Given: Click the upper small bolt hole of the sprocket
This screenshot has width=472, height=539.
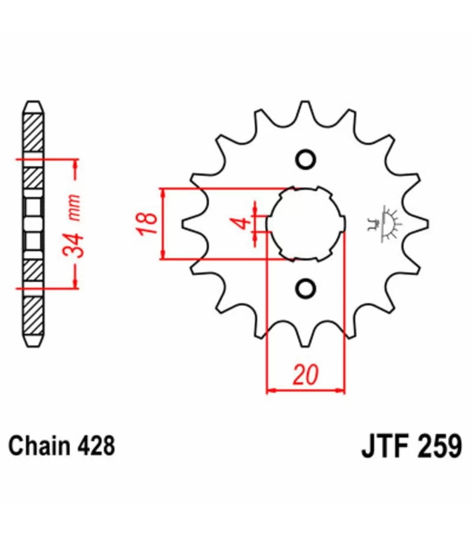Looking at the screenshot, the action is [x=306, y=159].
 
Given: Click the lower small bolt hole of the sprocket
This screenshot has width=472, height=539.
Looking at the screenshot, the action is [x=306, y=288].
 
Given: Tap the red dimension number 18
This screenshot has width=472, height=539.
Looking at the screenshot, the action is [x=147, y=224].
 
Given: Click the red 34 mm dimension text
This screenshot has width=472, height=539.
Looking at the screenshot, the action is [x=73, y=226].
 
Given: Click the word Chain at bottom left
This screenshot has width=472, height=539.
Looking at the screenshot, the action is [x=39, y=446].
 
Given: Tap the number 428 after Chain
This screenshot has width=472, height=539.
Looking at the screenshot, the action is [x=96, y=446].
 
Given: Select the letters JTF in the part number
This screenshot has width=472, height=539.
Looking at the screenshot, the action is [x=385, y=446].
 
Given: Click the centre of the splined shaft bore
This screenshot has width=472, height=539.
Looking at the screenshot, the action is [x=306, y=224].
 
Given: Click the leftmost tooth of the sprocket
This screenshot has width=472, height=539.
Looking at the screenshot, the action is [x=191, y=224].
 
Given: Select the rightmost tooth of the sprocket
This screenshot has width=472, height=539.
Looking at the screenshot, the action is [x=419, y=224].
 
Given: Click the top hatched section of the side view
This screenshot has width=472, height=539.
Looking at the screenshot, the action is [x=34, y=132].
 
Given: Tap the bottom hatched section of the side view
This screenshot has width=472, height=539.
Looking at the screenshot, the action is [x=34, y=315].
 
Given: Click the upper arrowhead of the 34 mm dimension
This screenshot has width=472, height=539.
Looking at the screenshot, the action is [x=76, y=165].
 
